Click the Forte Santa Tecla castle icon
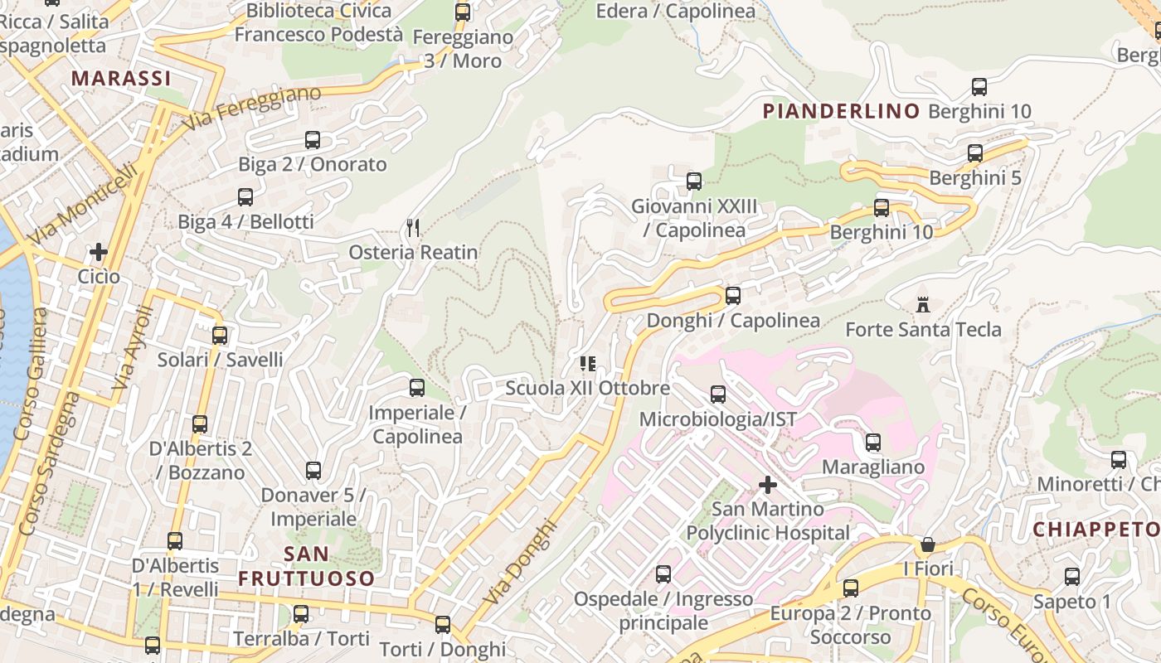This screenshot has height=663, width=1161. tap(923, 304)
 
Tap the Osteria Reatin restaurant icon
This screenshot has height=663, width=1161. tap(413, 227)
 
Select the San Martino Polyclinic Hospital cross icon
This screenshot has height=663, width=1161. tap(768, 484)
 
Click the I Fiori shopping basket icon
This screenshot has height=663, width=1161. tap(928, 544)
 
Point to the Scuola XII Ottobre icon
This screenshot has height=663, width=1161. tap(588, 363)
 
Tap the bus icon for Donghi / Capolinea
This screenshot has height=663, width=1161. tap(732, 296)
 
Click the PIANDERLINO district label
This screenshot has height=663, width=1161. tap(841, 111)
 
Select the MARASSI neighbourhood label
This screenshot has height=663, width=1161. tap(121, 78)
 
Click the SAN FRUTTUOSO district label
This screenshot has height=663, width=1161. tap(307, 566)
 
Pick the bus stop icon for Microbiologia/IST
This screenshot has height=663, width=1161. tap(717, 394)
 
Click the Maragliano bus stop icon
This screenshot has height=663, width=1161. tap(872, 443)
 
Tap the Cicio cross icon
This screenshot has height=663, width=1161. tap(99, 251)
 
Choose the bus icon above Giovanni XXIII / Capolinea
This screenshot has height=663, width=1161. tap(693, 181)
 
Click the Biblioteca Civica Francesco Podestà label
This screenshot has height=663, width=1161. tap(318, 22)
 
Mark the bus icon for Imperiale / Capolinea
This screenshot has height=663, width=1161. tap(416, 388)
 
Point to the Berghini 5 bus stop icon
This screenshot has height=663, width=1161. tap(975, 153)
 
